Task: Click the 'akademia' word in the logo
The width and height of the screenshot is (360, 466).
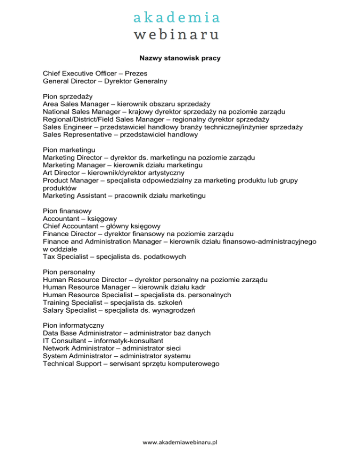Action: coord(176,18)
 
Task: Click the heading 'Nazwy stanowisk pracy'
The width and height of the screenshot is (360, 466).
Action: coord(180,59)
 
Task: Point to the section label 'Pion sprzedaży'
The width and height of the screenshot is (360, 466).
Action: coord(67,96)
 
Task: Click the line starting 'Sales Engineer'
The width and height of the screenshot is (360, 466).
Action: coord(172,127)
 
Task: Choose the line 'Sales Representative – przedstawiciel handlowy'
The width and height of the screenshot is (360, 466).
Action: coord(120,135)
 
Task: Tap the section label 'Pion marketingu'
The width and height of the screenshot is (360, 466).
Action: coord(69,150)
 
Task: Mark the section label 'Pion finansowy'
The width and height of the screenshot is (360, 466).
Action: coord(68,210)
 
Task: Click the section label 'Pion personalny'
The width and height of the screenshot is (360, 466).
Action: coord(69,272)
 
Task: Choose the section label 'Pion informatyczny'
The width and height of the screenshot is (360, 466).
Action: coord(74,325)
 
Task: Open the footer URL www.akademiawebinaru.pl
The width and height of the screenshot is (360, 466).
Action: coord(180,442)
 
